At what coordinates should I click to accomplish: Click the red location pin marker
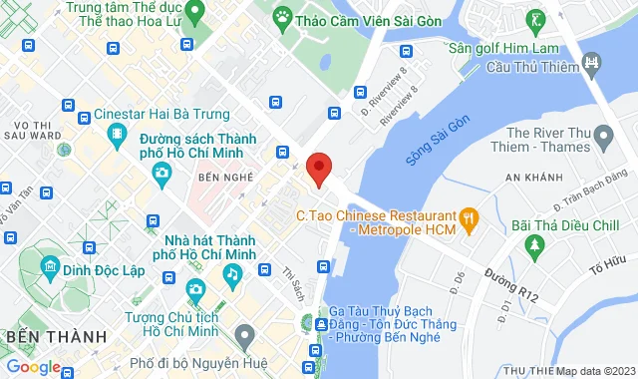318,169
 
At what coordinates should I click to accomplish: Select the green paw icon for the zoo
284,17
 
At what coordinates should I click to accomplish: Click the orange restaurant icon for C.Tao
466,215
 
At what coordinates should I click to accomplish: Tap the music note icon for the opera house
231,271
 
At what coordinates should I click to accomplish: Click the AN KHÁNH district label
534,179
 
